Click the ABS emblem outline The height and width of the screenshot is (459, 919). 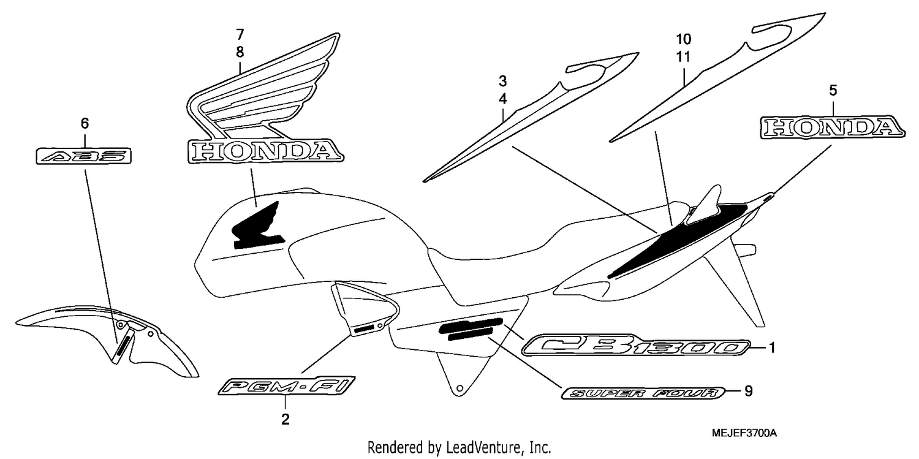[x=84, y=156]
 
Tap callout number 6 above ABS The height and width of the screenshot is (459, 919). [x=85, y=123]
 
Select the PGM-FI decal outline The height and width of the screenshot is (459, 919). [x=286, y=387]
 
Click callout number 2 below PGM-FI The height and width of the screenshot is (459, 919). [x=285, y=419]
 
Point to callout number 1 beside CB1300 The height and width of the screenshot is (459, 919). [x=772, y=348]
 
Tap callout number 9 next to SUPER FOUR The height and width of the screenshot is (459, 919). [x=748, y=392]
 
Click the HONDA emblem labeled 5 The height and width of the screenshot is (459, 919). [x=833, y=127]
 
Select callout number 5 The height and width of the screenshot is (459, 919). [x=833, y=90]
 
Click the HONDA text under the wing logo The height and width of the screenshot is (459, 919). [x=266, y=151]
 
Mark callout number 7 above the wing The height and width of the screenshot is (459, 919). [x=240, y=34]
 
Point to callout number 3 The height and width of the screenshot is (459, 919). [x=502, y=82]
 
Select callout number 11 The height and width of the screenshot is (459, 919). [x=683, y=56]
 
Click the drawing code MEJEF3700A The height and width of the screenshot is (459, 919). [x=744, y=433]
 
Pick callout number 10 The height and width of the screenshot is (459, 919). [x=683, y=39]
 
